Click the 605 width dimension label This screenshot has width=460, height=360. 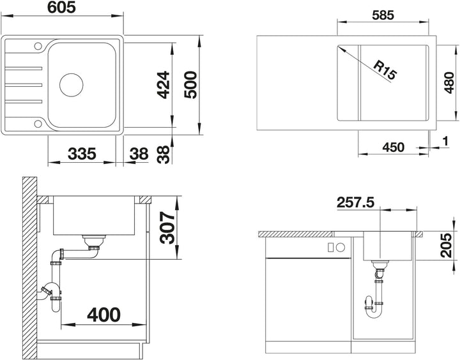tap(61, 7)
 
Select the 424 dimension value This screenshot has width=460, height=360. tap(163, 85)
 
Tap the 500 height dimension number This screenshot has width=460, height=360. tap(190, 85)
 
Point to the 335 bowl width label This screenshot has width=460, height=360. tap(82, 154)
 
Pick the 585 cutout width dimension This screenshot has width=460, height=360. tap(383, 15)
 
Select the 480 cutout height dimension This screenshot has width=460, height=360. tap(449, 83)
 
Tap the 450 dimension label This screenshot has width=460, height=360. tap(393, 147)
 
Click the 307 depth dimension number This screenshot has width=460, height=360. tap(167, 228)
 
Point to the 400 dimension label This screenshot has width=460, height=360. tap(104, 315)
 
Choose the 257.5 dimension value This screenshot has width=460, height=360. tap(356, 202)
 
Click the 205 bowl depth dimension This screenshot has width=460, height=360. tap(446, 245)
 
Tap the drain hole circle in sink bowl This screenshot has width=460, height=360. tap(72, 85)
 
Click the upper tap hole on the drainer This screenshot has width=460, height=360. tap(38, 46)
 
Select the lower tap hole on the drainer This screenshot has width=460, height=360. tap(38, 124)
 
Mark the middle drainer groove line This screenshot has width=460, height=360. tap(24, 85)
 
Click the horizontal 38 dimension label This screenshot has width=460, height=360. tap(139, 154)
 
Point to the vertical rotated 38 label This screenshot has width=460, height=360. tap(163, 154)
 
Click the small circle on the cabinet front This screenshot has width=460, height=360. tap(341, 248)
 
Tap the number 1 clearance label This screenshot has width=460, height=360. tap(446, 141)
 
